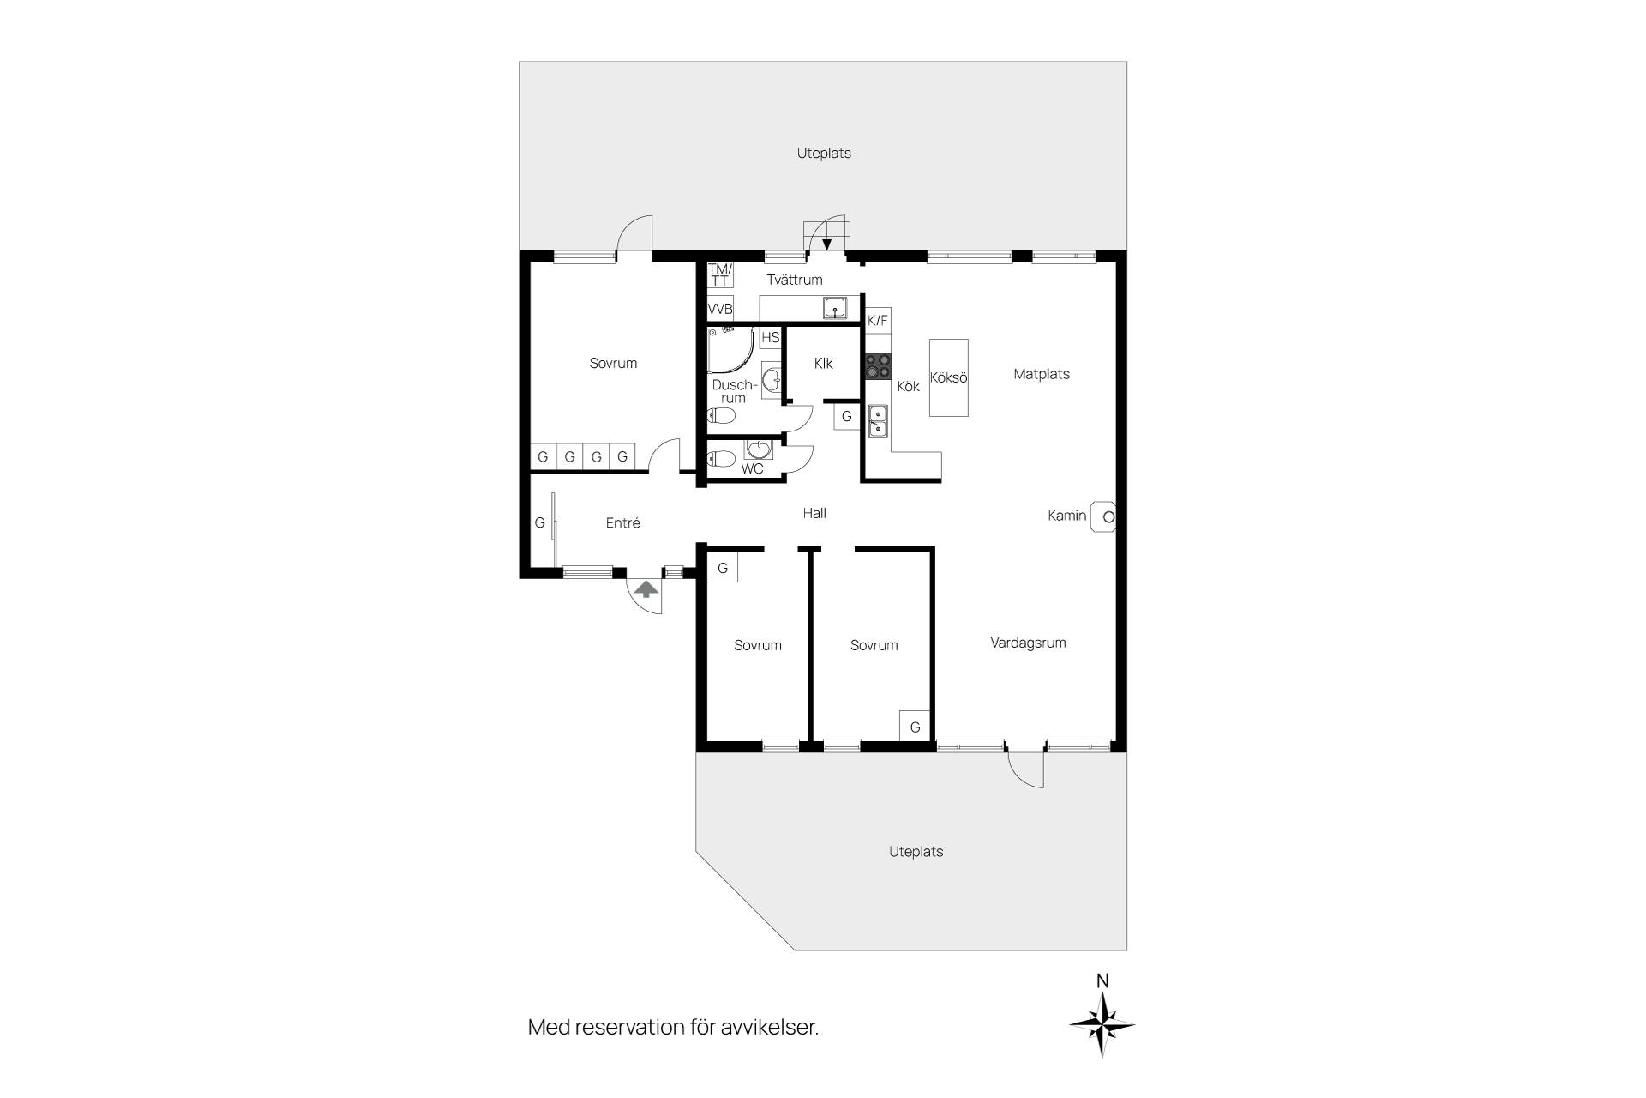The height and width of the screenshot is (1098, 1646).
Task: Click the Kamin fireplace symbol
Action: [1103, 516]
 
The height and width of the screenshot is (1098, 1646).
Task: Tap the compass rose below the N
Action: [1102, 1023]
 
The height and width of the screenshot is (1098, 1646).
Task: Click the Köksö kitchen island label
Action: [949, 377]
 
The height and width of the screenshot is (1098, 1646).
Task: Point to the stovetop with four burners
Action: [878, 366]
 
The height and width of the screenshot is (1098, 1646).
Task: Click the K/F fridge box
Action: [878, 321]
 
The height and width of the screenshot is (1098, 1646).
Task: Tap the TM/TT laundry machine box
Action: [720, 274]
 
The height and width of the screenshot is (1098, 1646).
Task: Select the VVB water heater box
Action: [720, 309]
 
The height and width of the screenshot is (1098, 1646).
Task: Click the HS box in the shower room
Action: [771, 337]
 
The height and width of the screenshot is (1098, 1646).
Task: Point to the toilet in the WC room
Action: [721, 459]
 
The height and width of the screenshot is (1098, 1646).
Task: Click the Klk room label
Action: [824, 364]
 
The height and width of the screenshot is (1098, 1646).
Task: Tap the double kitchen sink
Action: [879, 421]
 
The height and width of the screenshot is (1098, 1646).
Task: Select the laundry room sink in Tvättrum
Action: [835, 308]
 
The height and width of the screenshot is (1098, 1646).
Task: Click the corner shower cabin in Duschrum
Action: [730, 349]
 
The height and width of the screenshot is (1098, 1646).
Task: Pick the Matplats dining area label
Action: [1042, 374]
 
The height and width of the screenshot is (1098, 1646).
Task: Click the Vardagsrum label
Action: [1028, 643]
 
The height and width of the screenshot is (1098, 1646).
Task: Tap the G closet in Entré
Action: [540, 522]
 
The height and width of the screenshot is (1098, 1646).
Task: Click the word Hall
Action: [814, 513]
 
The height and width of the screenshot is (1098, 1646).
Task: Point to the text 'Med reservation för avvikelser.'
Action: [673, 1027]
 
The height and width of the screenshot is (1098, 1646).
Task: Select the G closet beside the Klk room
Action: [847, 417]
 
